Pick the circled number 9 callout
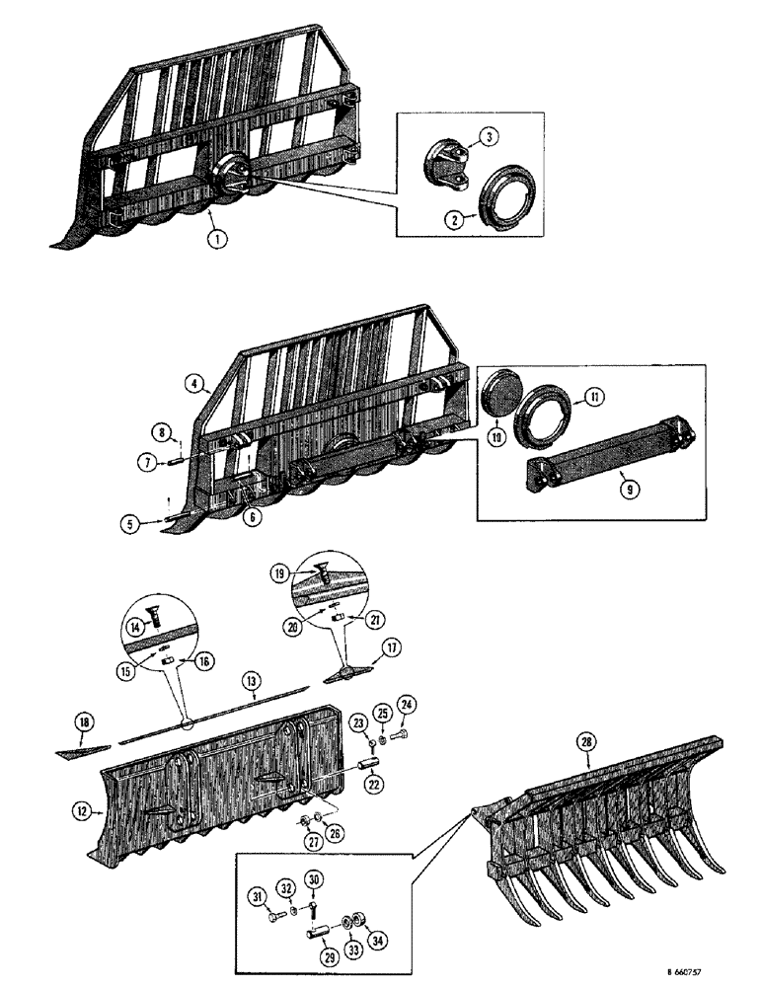620,486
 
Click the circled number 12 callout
82,811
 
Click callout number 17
391,647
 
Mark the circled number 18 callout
86,723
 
